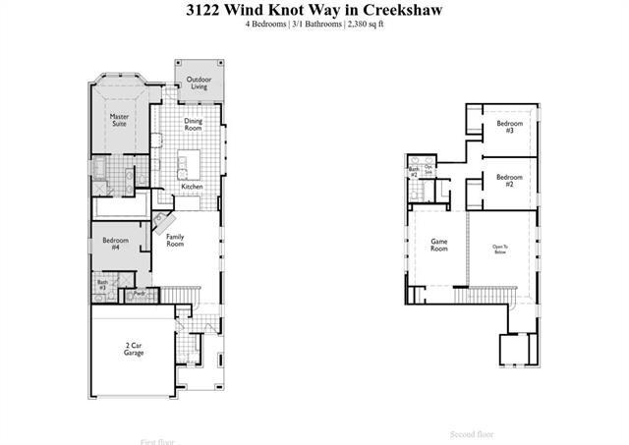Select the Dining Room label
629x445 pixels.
[194, 125]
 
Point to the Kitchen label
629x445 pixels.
[192, 186]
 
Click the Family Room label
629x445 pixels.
[175, 240]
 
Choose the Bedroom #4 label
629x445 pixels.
[116, 244]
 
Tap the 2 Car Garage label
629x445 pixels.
[134, 349]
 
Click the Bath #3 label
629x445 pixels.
[102, 286]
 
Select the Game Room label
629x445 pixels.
[438, 245]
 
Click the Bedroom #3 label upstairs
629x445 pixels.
[505, 127]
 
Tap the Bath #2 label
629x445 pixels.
[415, 172]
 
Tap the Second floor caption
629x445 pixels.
[472, 433]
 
